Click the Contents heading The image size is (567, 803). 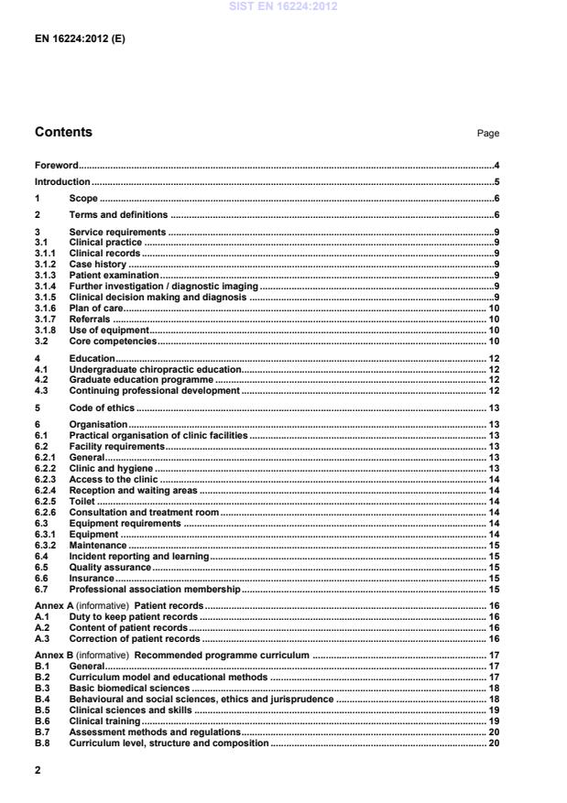tap(63, 133)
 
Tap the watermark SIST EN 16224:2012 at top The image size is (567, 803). tap(283, 6)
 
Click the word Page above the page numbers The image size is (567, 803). tap(487, 134)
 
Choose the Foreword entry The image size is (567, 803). tap(57, 166)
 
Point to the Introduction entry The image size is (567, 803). tap(62, 182)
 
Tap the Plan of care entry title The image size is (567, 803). tap(97, 309)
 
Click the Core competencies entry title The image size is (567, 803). tap(113, 341)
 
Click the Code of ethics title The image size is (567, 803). tap(102, 407)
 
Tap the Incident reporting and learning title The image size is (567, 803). tap(139, 556)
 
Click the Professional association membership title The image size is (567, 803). tap(154, 589)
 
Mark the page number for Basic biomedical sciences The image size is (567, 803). tap(493, 688)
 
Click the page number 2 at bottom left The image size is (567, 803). tap(38, 772)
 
